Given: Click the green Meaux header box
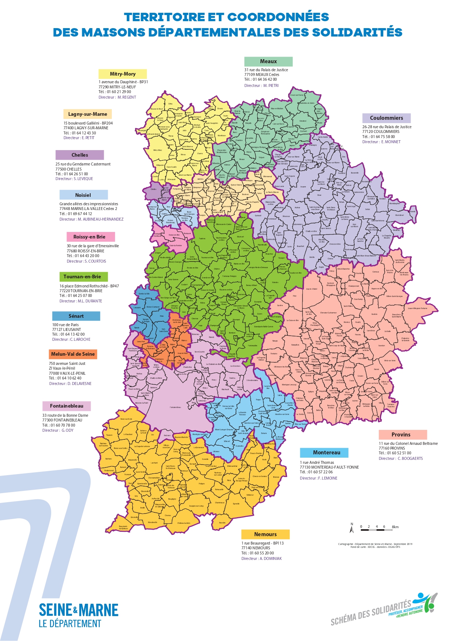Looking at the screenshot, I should (268, 61).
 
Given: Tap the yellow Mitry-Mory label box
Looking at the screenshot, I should (122, 74).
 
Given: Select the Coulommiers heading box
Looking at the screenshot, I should (386, 118).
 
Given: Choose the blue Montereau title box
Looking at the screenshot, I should (324, 453).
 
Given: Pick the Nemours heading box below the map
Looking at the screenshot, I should (265, 534).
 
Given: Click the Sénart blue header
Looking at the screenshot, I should (76, 316).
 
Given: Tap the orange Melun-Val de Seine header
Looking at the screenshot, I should (73, 354).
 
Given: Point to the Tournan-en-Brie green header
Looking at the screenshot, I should (82, 276).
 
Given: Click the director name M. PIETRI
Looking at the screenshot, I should (271, 85).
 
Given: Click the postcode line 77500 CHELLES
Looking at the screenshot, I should (68, 169).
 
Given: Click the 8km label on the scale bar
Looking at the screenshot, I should (395, 527).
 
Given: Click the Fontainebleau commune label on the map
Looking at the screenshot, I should (175, 407).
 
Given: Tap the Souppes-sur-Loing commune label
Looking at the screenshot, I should (196, 506).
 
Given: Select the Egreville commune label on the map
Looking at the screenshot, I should (236, 504).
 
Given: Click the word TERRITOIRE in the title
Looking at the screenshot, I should (164, 17).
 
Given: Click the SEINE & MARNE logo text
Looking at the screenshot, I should (78, 610).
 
